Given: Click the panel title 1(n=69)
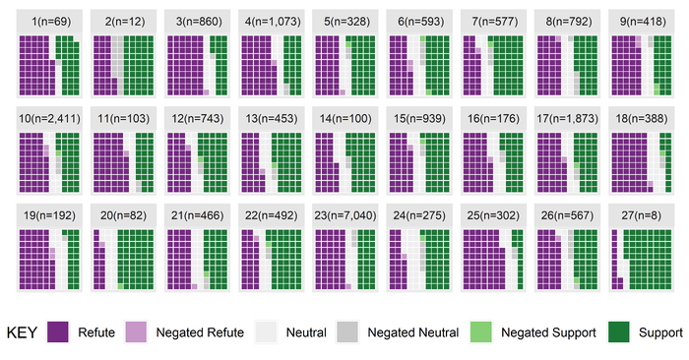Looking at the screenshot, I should [48, 22].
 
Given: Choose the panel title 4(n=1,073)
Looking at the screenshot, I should [270, 22].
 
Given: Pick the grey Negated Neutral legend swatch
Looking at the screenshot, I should [348, 332].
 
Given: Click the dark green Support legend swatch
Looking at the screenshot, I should [621, 332].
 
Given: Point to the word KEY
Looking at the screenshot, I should [22, 332].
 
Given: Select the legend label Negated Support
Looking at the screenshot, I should [549, 332].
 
